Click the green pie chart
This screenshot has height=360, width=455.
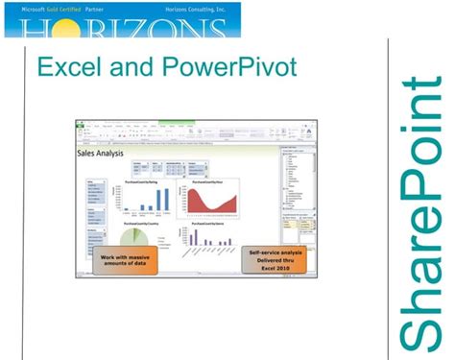133,238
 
